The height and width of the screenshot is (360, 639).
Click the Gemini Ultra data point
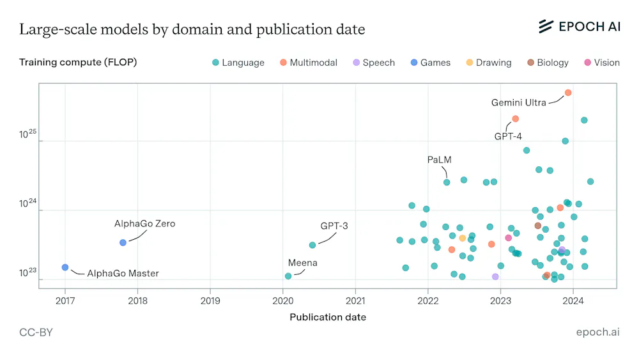tap(567, 93)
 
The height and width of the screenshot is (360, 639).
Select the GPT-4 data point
tap(515, 119)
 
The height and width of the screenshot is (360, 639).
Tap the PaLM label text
tap(440, 160)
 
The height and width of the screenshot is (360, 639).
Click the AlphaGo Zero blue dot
tap(123, 242)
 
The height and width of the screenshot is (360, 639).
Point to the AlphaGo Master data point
tap(65, 267)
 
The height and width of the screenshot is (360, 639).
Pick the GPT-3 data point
tap(312, 245)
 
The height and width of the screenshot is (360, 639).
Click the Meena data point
tap(288, 276)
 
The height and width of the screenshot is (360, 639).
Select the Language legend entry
tap(238, 63)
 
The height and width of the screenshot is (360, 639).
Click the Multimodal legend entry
tap(309, 63)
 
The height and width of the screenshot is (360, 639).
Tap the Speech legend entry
tap(374, 63)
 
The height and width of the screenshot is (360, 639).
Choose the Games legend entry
tap(430, 63)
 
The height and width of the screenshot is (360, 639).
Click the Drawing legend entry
tap(489, 63)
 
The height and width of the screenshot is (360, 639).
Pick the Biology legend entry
tap(548, 63)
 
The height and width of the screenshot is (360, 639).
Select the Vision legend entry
tap(602, 63)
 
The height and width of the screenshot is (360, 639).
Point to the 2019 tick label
tap(210, 301)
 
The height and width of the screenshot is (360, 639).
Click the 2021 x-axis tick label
tap(355, 301)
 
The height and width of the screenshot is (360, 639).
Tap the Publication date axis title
tap(328, 317)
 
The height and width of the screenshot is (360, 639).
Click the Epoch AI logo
tap(580, 26)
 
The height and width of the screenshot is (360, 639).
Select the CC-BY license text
tap(36, 333)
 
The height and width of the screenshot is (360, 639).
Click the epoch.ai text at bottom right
tap(598, 333)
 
